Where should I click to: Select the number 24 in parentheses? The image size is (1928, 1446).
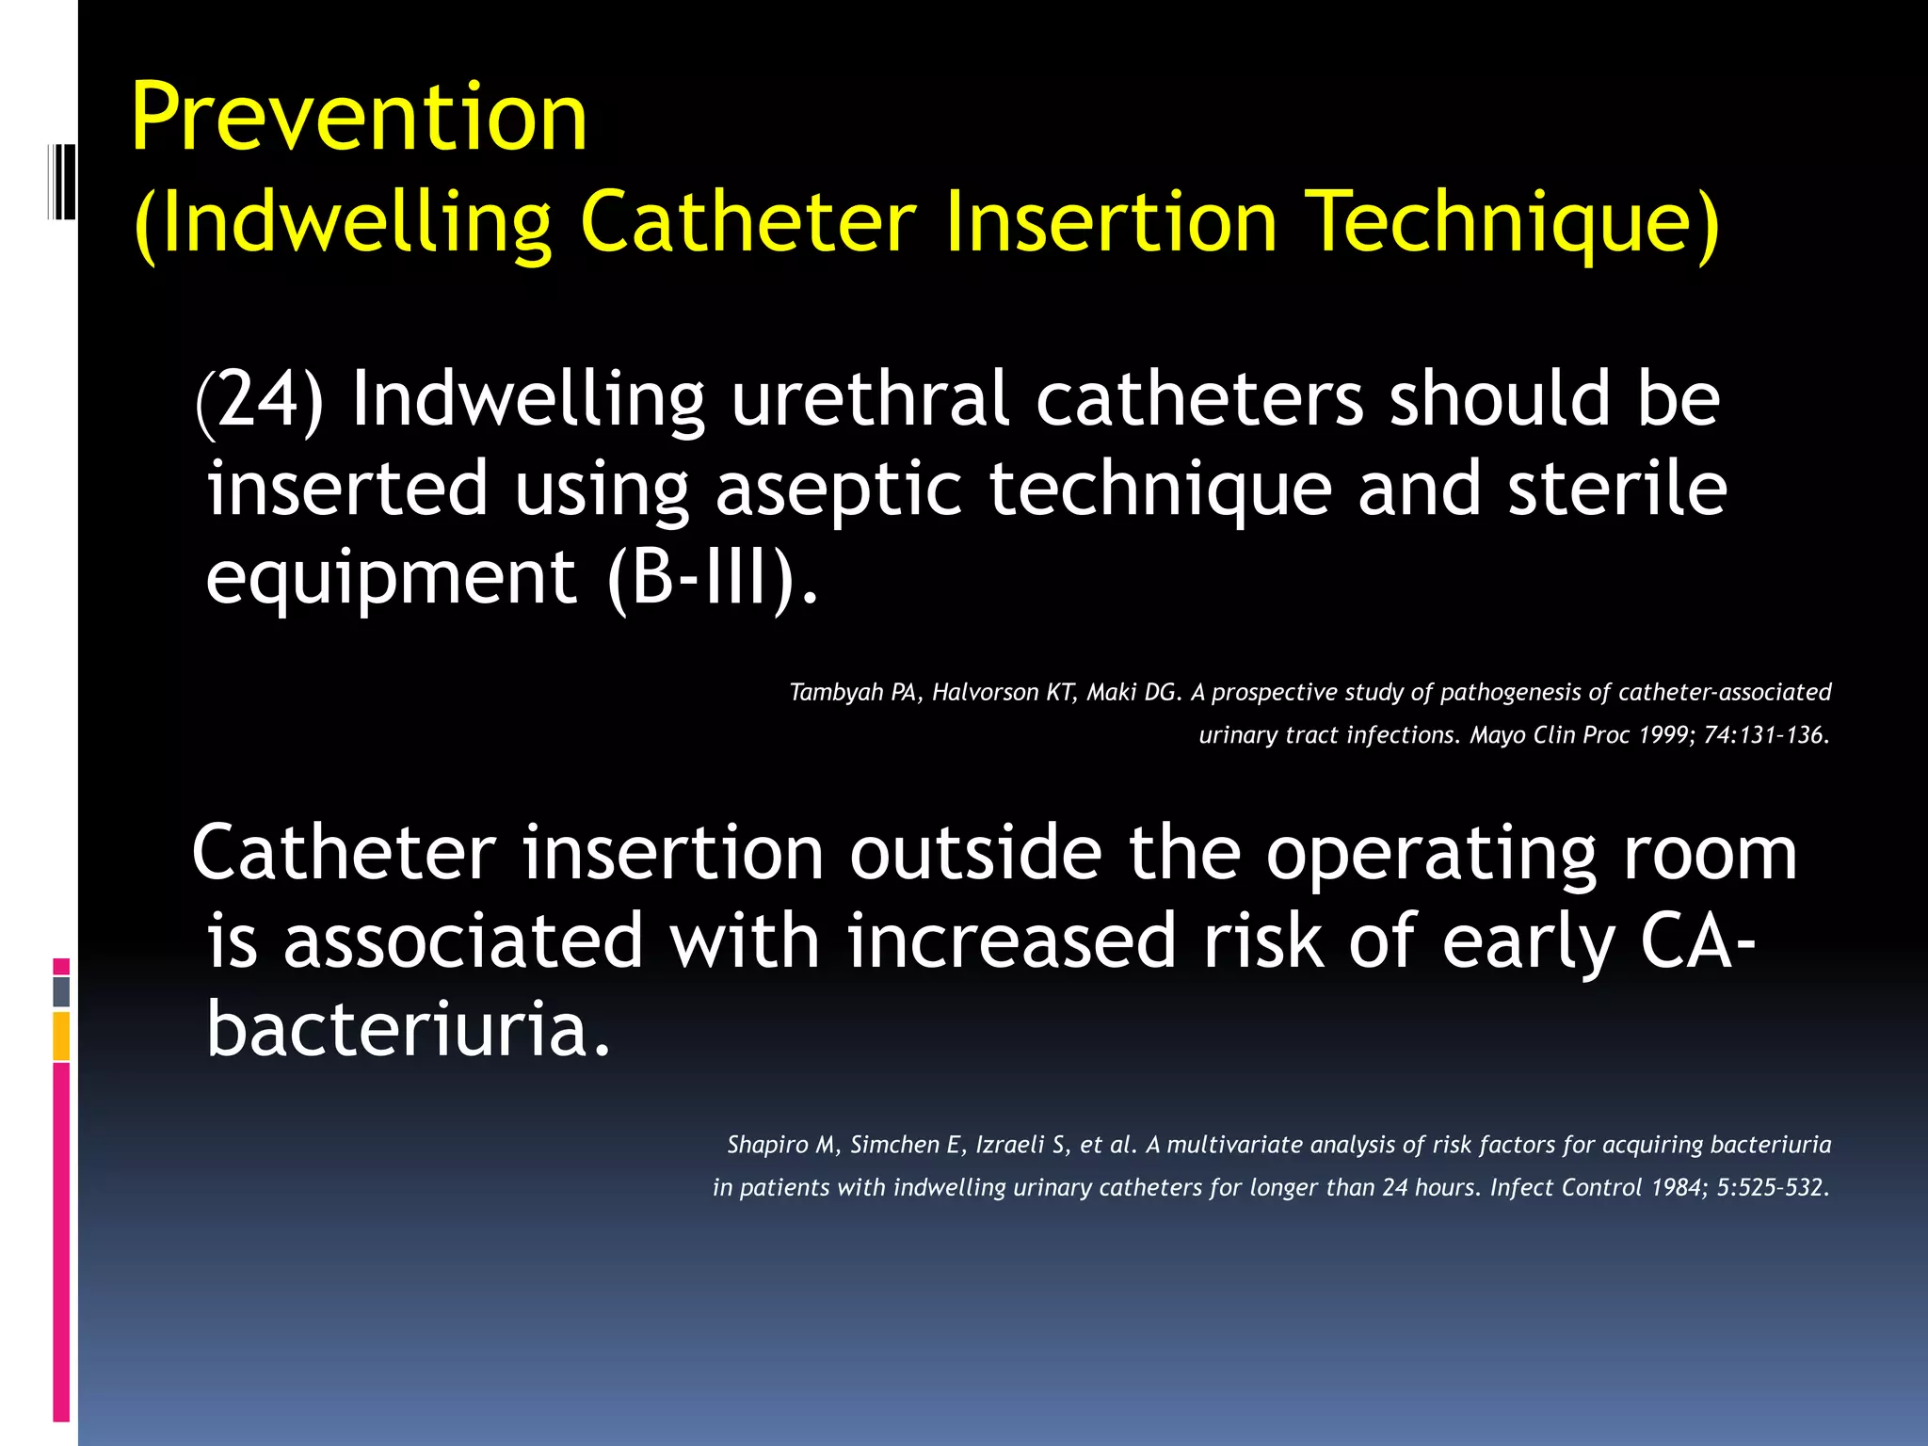pyautogui.click(x=260, y=399)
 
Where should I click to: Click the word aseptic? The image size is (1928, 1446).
pyautogui.click(x=838, y=489)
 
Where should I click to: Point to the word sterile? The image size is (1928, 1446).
pyautogui.click(x=1616, y=489)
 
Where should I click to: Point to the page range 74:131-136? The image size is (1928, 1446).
pyautogui.click(x=1766, y=735)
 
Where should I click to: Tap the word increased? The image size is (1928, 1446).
pyautogui.click(x=1011, y=941)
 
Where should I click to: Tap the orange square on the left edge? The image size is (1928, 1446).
pyautogui.click(x=61, y=1036)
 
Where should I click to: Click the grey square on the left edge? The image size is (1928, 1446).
pyautogui.click(x=61, y=992)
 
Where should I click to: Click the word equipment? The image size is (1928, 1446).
pyautogui.click(x=391, y=576)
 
